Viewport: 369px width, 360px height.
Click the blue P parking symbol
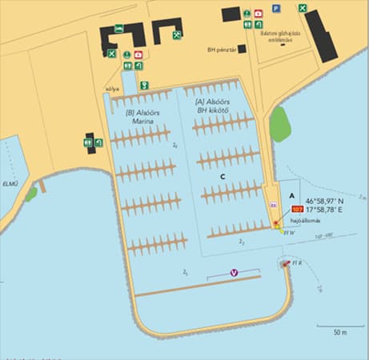[275, 8]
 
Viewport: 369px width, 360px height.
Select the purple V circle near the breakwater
[234, 273]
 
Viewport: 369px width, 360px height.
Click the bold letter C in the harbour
[223, 176]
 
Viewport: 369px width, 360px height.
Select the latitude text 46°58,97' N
[324, 201]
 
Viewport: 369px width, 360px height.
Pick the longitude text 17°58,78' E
[324, 210]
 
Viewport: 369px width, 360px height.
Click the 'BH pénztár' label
[220, 49]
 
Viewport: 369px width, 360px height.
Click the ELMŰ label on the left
[10, 183]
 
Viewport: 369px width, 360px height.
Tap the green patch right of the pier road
[279, 124]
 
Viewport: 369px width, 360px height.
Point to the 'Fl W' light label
[288, 232]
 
